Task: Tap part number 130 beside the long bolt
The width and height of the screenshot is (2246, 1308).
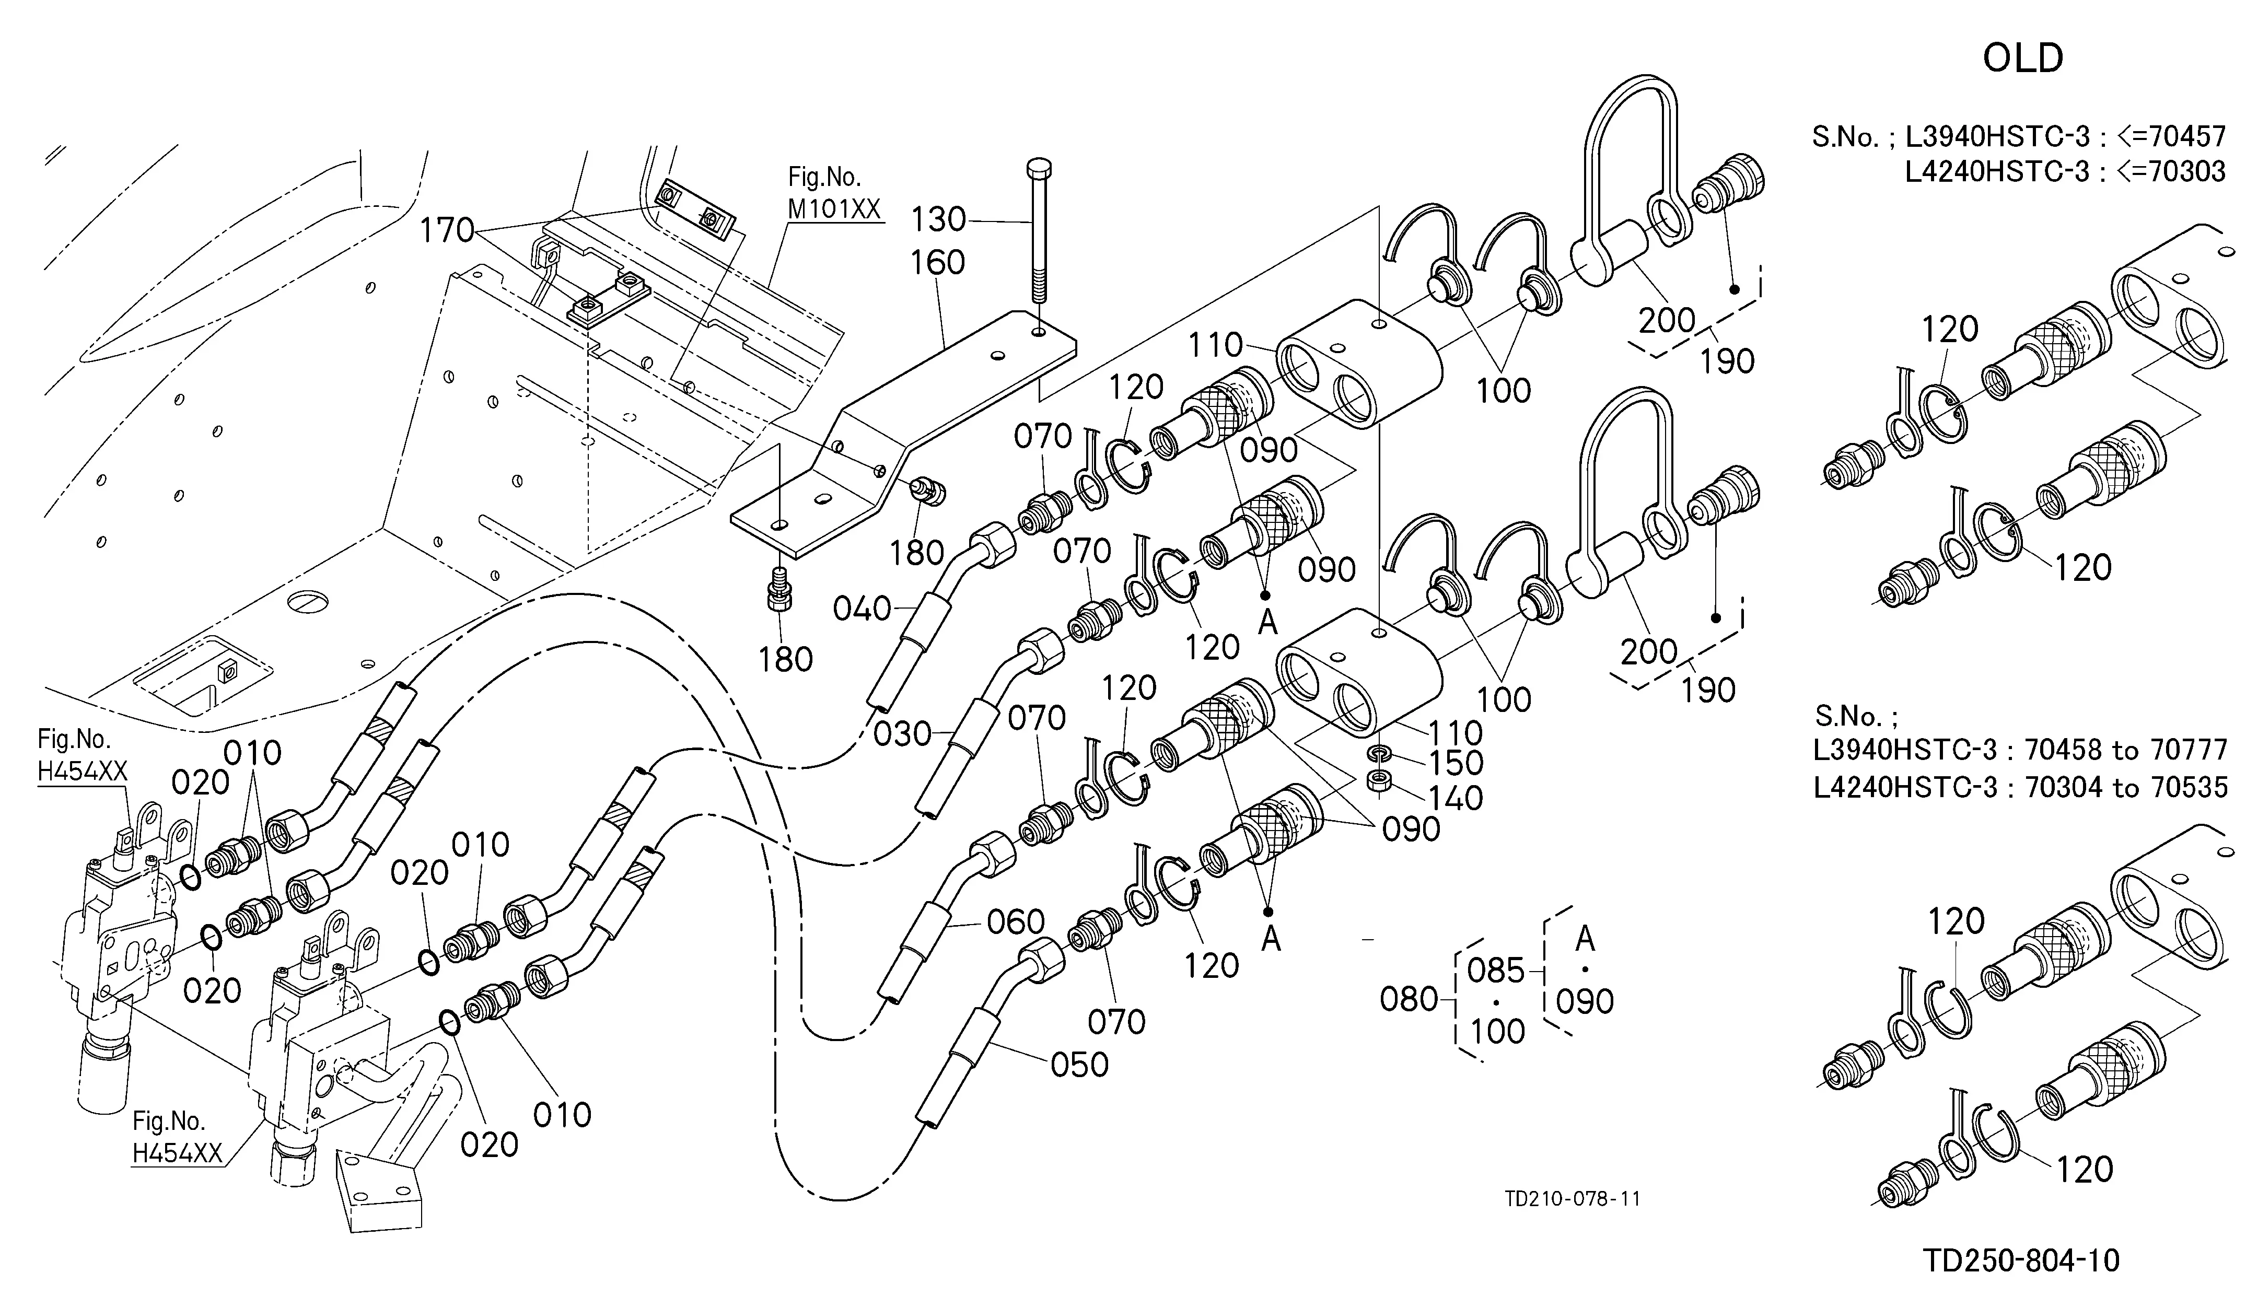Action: (x=938, y=219)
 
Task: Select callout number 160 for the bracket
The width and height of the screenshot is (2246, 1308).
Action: (x=938, y=263)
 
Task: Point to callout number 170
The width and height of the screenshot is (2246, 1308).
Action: (x=447, y=231)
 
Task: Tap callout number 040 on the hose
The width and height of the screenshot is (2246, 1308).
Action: (x=862, y=610)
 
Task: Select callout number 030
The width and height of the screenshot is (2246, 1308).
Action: (x=902, y=735)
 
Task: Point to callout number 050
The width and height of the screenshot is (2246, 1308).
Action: (x=1079, y=1065)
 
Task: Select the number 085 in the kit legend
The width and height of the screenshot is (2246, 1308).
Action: (x=1496, y=971)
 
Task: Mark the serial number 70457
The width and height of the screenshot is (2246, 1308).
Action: (x=2186, y=136)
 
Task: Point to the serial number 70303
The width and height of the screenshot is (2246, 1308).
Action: (x=2186, y=171)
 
